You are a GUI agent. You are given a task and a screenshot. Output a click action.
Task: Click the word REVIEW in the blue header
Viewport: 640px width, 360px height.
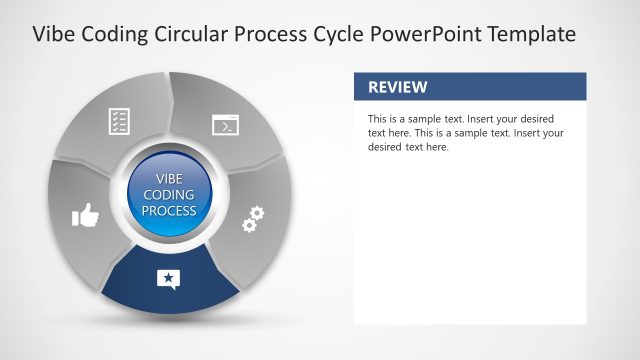click(x=398, y=87)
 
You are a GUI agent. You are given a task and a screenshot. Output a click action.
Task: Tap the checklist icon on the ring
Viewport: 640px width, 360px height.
click(x=120, y=122)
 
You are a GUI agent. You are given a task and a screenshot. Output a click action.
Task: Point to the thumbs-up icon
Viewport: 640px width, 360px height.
click(x=86, y=215)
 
